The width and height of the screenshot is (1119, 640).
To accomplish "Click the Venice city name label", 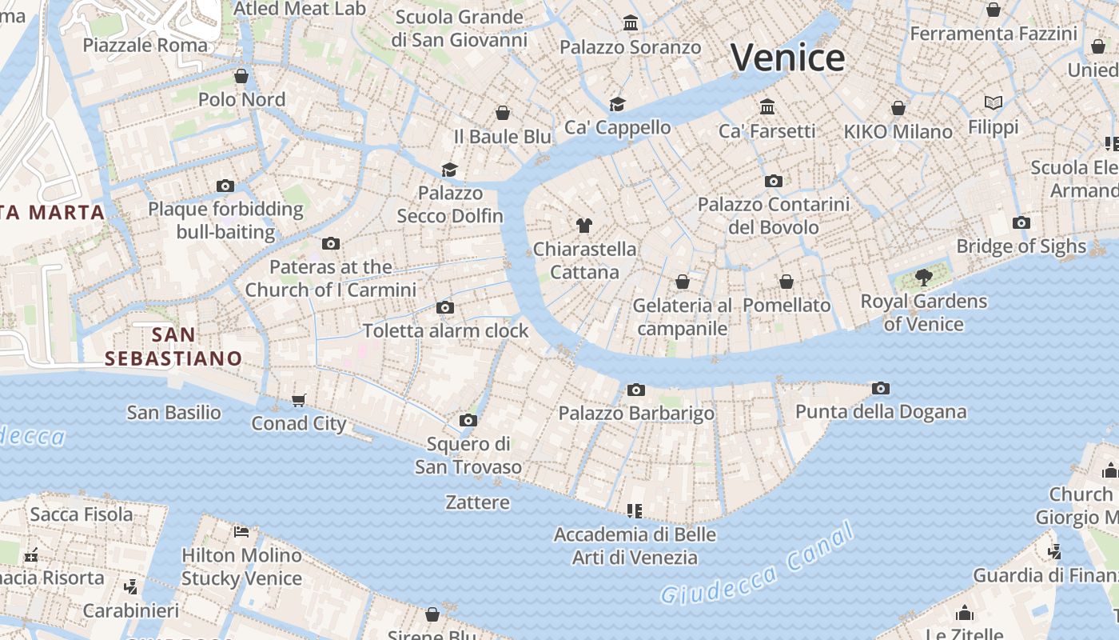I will (787, 58).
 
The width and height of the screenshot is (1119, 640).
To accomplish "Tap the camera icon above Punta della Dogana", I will (881, 389).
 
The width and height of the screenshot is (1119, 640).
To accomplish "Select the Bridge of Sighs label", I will (1021, 246).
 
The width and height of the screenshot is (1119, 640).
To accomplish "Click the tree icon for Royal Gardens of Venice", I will (924, 278).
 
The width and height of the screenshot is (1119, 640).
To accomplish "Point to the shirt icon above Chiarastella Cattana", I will (584, 226).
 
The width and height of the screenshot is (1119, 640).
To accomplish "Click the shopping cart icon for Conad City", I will (299, 400).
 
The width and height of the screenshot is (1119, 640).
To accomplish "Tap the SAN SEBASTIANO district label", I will (173, 346).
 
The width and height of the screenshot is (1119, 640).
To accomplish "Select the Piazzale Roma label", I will (145, 45).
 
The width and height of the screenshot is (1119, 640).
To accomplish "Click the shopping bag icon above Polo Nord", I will (241, 76).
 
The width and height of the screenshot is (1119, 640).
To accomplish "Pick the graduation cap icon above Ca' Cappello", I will (617, 104).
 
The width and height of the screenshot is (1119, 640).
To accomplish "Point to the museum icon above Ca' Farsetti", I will (767, 106).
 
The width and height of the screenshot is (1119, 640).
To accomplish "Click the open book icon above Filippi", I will (994, 103).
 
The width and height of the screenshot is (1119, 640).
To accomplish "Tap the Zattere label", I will (477, 502).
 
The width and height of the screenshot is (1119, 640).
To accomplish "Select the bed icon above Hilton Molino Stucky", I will (241, 531).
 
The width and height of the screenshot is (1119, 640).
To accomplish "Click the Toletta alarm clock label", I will (446, 330).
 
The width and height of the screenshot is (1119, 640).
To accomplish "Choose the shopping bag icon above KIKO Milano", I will (898, 108).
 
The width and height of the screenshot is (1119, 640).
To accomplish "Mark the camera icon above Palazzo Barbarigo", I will (636, 390).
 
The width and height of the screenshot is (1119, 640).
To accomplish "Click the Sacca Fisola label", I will (82, 514).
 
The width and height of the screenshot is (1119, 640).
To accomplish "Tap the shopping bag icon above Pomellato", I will (786, 282).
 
